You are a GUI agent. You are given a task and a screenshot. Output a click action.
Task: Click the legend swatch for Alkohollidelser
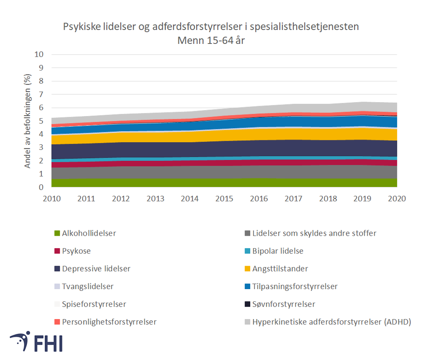(x=56, y=233)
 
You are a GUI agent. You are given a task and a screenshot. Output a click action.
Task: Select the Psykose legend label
(x=76, y=251)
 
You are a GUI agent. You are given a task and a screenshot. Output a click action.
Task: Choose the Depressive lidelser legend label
(x=96, y=269)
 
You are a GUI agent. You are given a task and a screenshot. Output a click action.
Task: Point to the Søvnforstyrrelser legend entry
(x=284, y=304)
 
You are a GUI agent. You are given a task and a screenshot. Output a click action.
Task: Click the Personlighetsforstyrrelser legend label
(x=109, y=322)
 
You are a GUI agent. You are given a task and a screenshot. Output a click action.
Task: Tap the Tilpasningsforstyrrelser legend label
(x=295, y=287)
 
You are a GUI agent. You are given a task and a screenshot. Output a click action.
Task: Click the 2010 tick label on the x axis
(x=52, y=199)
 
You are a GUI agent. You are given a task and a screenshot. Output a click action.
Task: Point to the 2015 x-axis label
(x=224, y=199)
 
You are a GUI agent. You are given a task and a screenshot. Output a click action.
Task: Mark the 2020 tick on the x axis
(x=396, y=199)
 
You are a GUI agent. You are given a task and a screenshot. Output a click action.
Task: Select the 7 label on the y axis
(x=42, y=94)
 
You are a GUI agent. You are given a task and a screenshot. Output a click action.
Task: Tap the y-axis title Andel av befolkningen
(x=27, y=121)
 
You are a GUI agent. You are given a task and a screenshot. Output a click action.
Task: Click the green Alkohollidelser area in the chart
(x=224, y=183)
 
